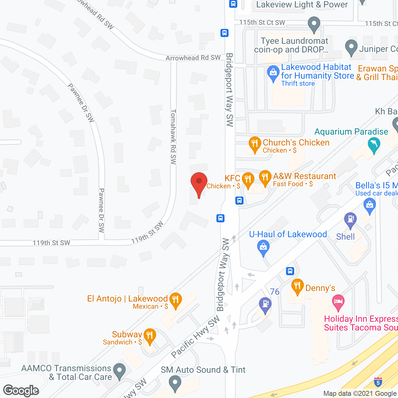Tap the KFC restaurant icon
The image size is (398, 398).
coord(248,179)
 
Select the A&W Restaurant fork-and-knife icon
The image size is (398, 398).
coord(265,178)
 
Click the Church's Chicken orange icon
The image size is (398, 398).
coord(255,144)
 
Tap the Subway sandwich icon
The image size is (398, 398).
coord(150,336)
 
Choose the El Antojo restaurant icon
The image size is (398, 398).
coord(176,300)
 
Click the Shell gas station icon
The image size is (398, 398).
coord(350,219)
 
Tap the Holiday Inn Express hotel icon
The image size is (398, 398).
coord(338,302)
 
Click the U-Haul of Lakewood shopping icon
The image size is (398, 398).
coord(263,248)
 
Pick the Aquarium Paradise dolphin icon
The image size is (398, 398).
coord(374,145)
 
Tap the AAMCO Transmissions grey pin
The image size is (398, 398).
coord(119,371)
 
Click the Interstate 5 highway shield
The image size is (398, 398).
coord(378,382)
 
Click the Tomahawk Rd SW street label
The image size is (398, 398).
coord(174,137)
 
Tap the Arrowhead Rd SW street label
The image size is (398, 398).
coord(193,58)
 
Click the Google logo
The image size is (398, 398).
coord(21,391)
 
